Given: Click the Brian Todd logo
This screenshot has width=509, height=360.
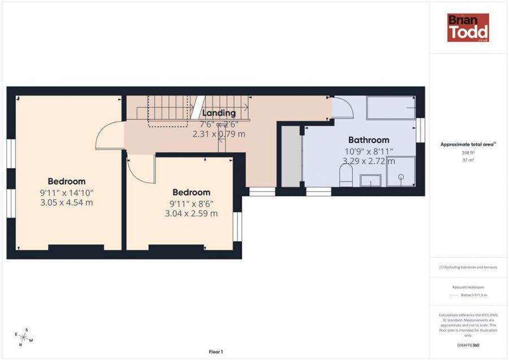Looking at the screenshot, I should coord(468,28).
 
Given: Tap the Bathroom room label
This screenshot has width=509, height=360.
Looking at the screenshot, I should coord(368,140).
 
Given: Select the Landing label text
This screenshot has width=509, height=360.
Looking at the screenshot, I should coord(219,113).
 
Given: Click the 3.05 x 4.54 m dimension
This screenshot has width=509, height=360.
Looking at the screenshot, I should coord(66,203).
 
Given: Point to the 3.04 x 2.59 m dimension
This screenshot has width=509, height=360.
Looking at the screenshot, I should coord(191,213).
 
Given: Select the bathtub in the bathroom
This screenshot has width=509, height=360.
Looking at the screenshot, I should coord(392,108).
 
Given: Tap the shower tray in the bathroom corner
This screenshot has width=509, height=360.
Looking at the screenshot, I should coord(400,172).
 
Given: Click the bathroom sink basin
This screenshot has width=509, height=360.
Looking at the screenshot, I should coord(370,181).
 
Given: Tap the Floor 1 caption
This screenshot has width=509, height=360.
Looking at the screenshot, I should coord(215,352).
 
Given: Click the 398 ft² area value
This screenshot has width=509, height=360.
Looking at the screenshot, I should coord(468,153).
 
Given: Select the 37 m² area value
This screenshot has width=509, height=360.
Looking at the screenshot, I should coord(468,160).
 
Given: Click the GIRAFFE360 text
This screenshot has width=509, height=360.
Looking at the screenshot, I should coord(468,345).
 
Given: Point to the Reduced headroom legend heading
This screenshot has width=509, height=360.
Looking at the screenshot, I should coord(468,288).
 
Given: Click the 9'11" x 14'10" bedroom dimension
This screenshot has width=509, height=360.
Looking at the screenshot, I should coord(66,192).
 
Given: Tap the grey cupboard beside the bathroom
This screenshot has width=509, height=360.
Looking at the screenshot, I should coord(290,157).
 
